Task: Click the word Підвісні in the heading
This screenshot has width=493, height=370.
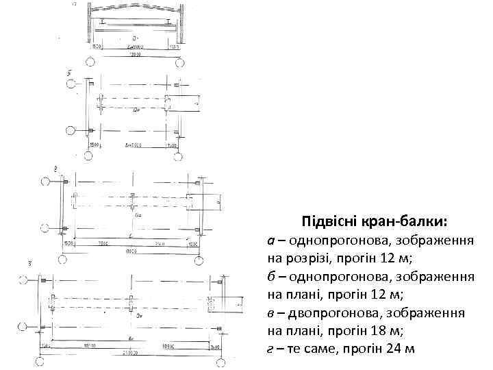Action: (328, 223)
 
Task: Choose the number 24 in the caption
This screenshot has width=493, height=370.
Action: (390, 348)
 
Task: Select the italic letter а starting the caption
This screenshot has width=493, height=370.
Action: (271, 241)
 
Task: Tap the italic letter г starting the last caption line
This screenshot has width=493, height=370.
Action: (270, 348)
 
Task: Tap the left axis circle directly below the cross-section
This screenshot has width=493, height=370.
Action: (90, 62)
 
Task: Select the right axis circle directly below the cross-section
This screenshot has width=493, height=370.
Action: (179, 62)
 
